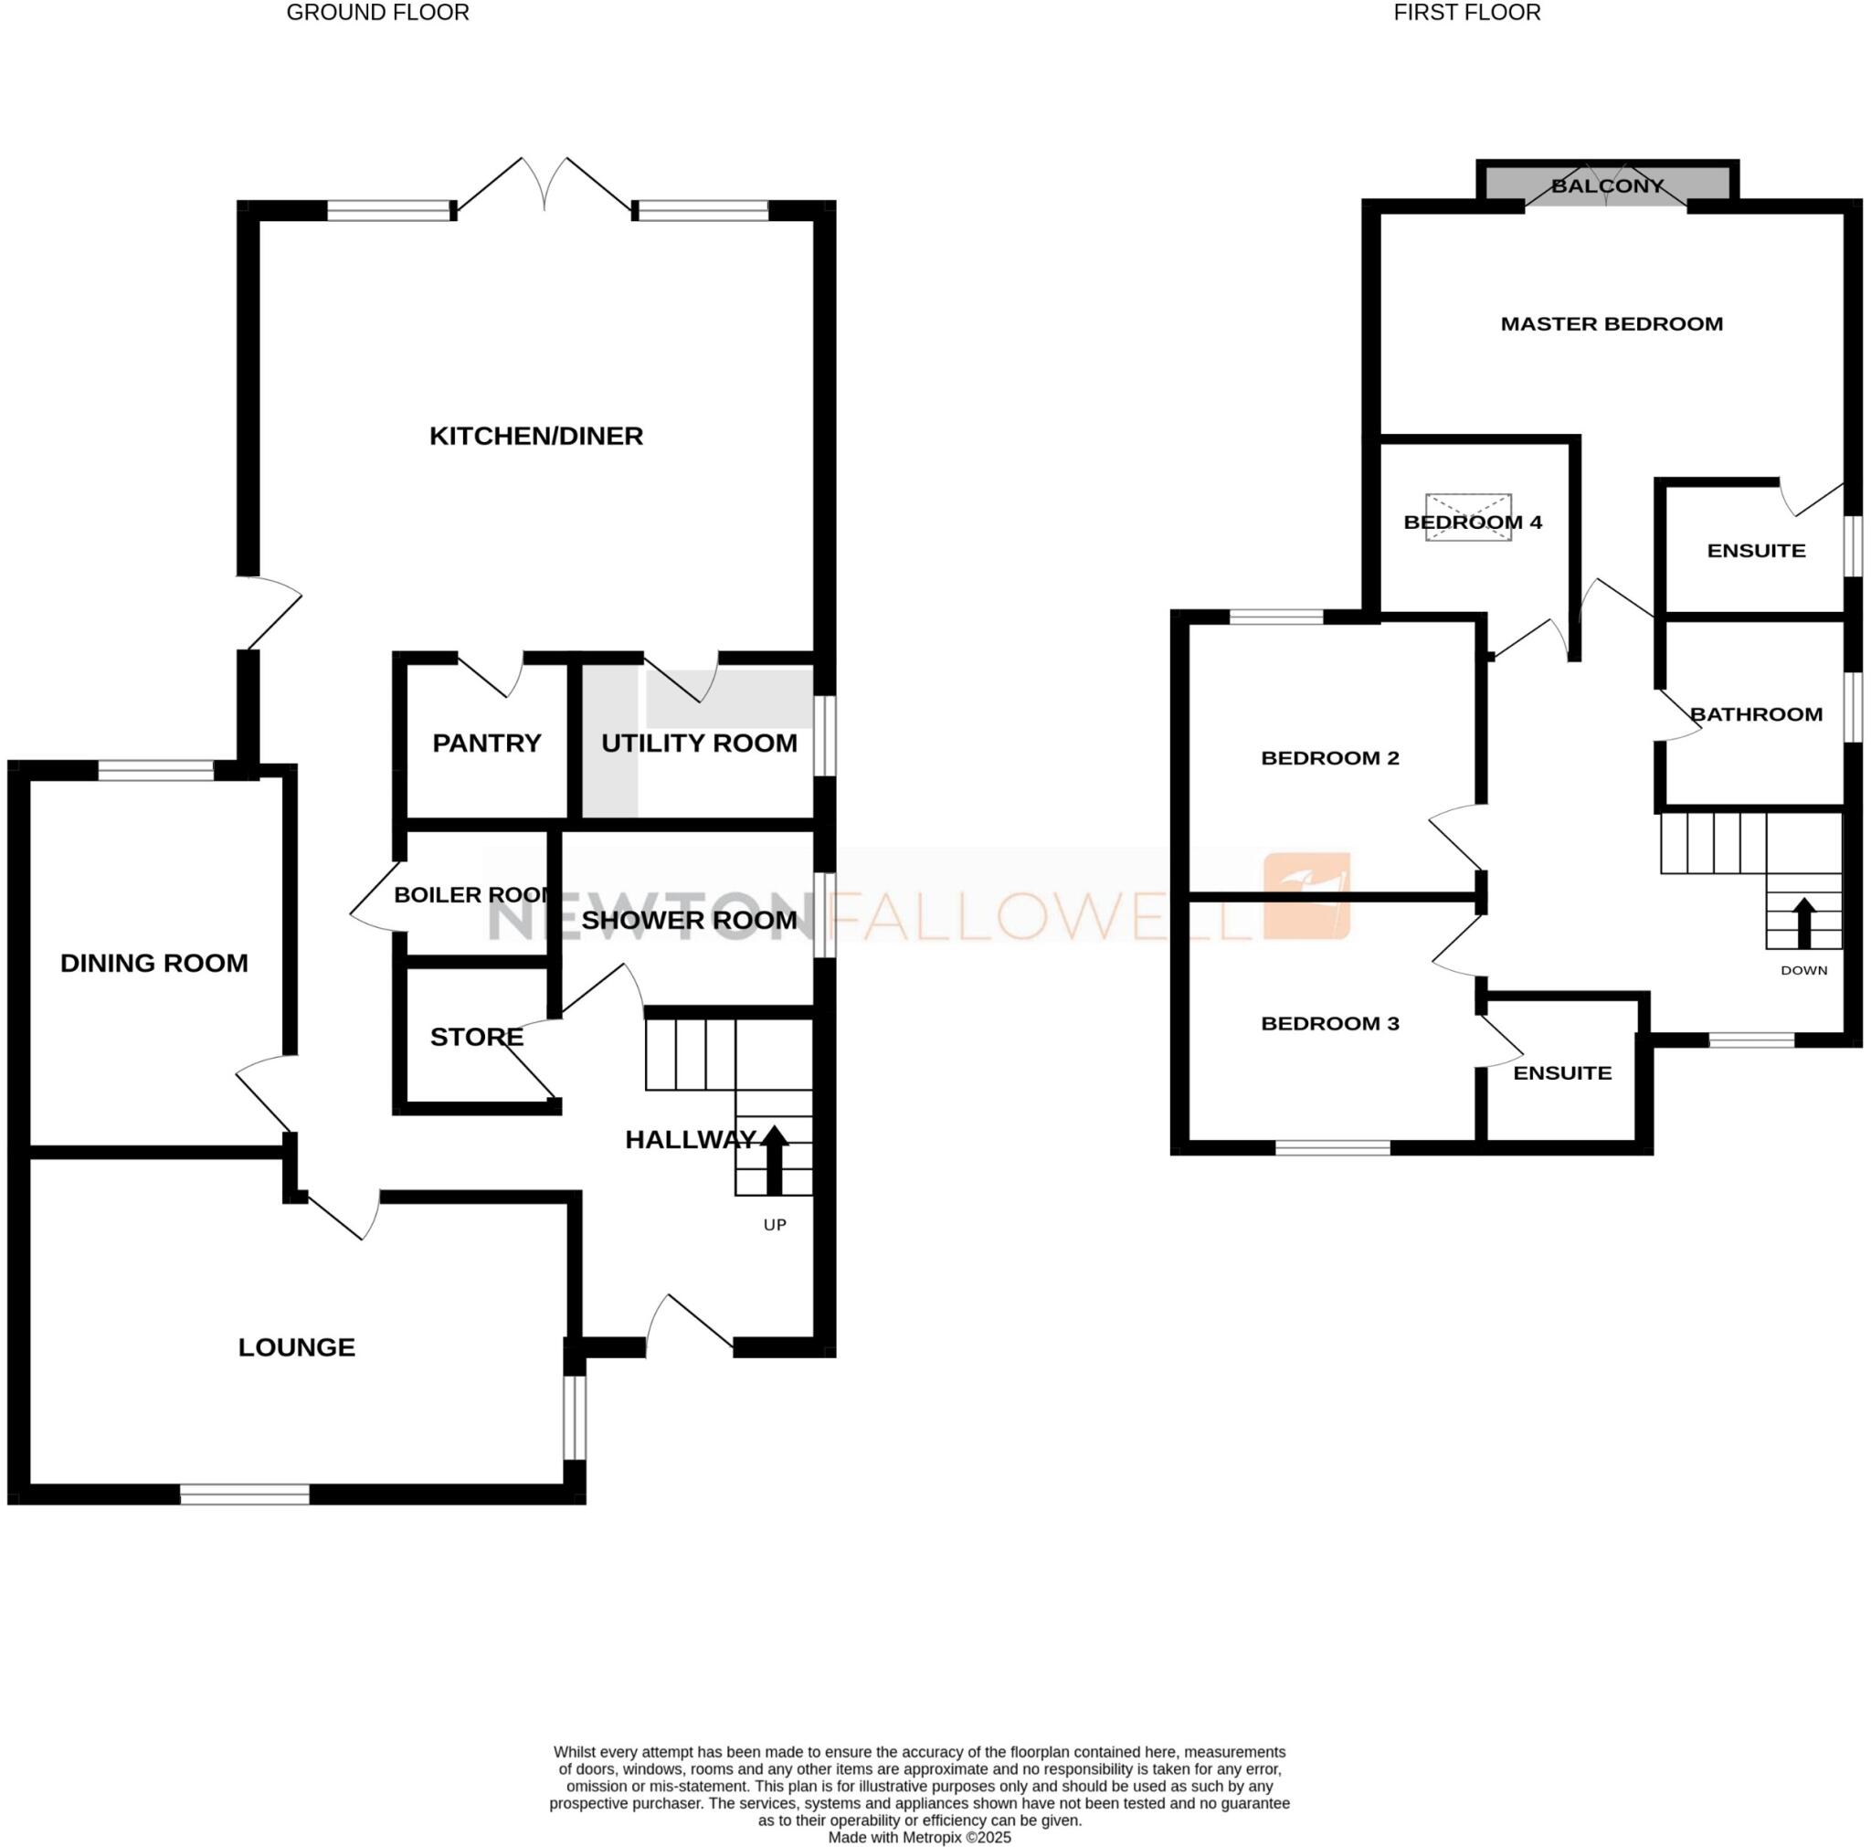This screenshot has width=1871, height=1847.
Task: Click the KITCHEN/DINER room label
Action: coord(535,436)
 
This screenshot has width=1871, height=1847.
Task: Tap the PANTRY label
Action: coord(486,743)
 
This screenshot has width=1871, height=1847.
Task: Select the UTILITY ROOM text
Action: coord(699,743)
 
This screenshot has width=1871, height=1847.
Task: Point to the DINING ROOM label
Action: coord(154,963)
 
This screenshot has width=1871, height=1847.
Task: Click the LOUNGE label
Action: coord(296,1347)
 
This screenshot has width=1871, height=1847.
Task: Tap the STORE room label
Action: coord(477,1038)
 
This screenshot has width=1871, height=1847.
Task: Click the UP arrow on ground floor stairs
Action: coord(774,1159)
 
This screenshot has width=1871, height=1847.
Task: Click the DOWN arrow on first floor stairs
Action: coord(1803,923)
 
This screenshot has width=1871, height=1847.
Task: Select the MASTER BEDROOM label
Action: coord(1612,324)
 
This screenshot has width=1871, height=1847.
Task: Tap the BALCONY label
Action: coord(1608,186)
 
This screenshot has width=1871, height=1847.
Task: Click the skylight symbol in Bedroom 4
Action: coord(1468,516)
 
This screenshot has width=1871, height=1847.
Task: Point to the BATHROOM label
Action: coord(1756,715)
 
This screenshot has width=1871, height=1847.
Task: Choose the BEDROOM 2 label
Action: coord(1329,758)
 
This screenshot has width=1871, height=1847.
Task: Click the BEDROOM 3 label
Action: coord(1329,1024)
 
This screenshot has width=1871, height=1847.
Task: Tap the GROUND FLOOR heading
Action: coord(377,13)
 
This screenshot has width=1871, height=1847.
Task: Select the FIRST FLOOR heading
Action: coord(1467,13)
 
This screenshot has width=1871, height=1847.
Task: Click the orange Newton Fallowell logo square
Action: coord(1306,896)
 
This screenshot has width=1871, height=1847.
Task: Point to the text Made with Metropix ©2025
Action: coord(919,1837)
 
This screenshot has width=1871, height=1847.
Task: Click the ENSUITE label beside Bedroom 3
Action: coord(1562,1073)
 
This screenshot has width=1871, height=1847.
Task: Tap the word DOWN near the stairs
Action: coord(1804,970)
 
